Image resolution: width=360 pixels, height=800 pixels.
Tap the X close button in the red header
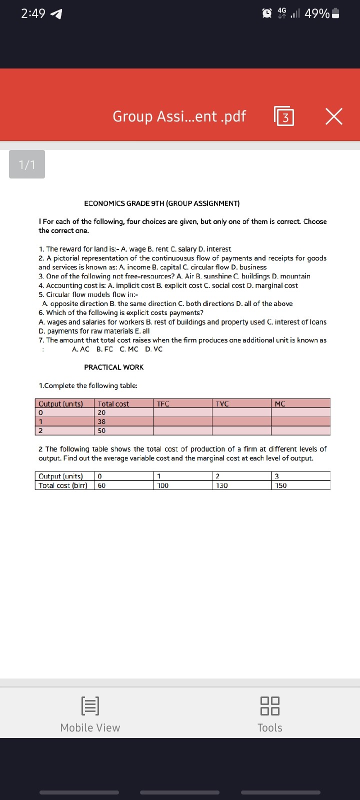(x=334, y=117)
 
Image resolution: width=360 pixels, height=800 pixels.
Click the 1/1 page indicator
(x=27, y=164)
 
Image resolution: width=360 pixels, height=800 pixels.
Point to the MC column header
(x=280, y=404)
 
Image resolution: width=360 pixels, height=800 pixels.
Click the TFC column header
(x=163, y=404)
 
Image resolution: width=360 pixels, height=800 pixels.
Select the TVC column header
(x=222, y=404)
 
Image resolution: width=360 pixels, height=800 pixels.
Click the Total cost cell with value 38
(x=102, y=421)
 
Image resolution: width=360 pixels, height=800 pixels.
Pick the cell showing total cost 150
(x=281, y=485)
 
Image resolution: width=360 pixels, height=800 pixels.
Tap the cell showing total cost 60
(x=102, y=485)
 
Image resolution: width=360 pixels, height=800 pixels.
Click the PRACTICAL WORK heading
(x=113, y=367)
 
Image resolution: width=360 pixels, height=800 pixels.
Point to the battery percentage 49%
(x=317, y=14)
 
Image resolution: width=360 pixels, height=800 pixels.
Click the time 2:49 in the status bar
(x=33, y=14)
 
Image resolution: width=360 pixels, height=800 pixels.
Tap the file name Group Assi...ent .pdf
(x=179, y=116)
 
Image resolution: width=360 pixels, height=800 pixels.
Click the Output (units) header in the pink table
(x=60, y=404)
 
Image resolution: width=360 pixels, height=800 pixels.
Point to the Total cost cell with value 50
(x=102, y=430)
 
